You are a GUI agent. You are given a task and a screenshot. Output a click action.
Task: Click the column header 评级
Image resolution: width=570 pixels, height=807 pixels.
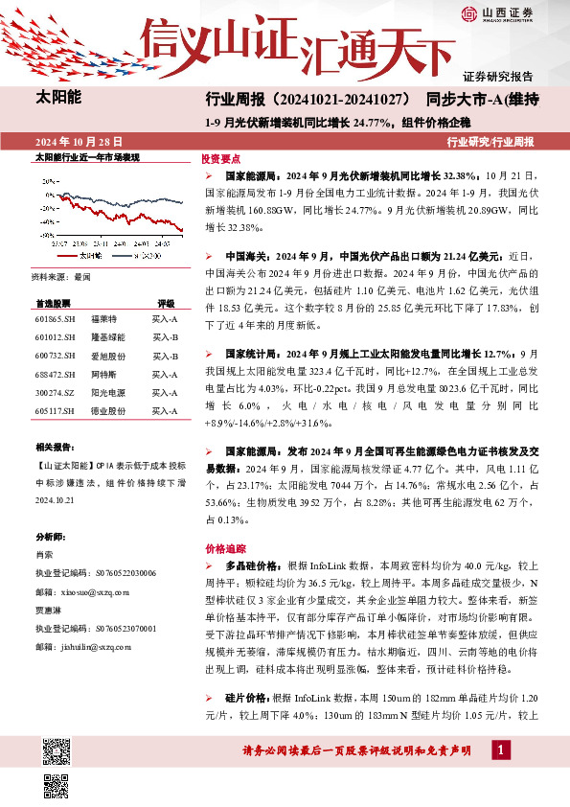pyautogui.click(x=166, y=301)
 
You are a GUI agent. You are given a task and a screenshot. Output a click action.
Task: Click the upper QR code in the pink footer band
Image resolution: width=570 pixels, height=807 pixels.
pyautogui.click(x=55, y=747)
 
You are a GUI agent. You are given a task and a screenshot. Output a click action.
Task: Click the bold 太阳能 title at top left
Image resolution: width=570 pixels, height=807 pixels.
pyautogui.click(x=59, y=98)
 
